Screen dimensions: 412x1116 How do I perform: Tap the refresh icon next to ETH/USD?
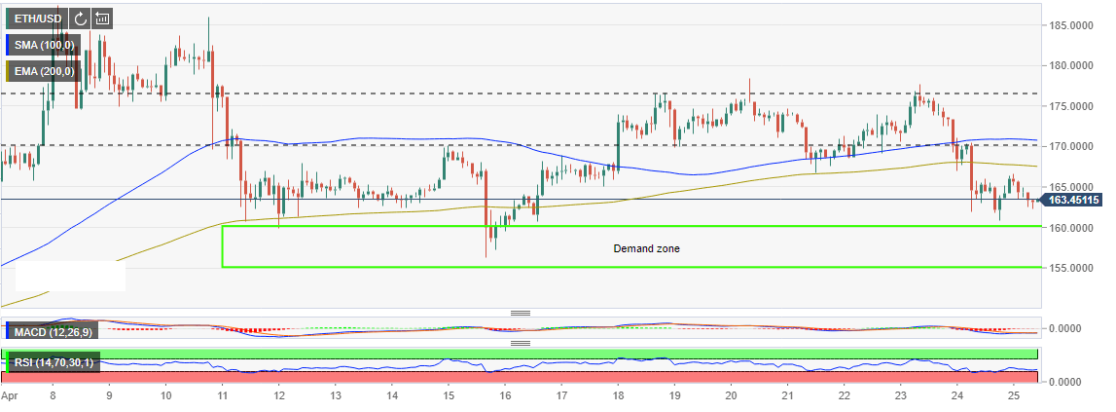click(x=79, y=18)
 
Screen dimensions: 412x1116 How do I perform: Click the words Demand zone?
click(x=646, y=248)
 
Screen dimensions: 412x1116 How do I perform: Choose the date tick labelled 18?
click(x=618, y=397)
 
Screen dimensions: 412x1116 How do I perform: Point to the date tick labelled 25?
click(x=1014, y=397)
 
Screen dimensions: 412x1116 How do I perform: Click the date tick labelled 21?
click(x=788, y=397)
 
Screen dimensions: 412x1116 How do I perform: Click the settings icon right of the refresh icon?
click(x=102, y=18)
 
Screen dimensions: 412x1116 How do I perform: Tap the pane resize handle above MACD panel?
click(x=521, y=313)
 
